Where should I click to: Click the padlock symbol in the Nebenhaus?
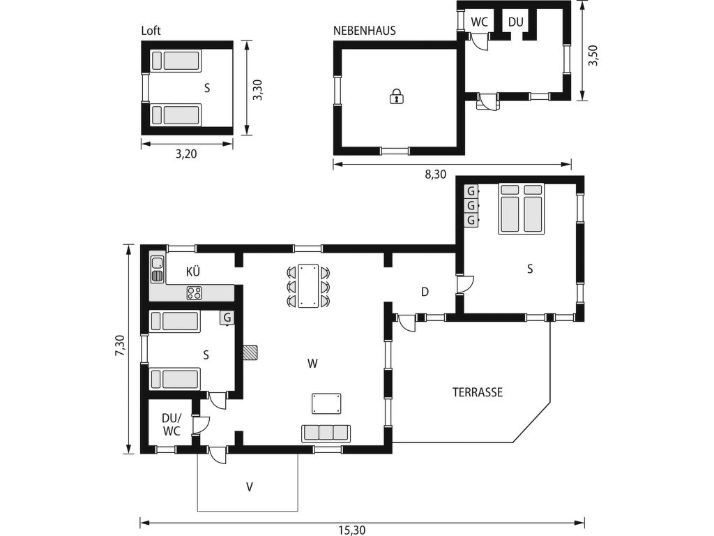click(x=397, y=96)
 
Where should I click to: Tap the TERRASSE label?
click(x=478, y=392)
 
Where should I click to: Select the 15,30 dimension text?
click(x=351, y=530)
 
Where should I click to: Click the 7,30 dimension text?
click(x=120, y=346)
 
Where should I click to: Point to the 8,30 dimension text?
click(x=436, y=174)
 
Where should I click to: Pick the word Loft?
click(x=151, y=31)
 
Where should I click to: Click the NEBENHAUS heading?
click(x=364, y=31)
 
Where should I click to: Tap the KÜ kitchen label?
click(x=193, y=271)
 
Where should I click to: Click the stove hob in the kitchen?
click(x=195, y=292)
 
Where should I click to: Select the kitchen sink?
click(x=158, y=269)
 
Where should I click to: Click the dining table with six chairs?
click(x=308, y=286)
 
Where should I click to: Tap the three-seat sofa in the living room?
click(x=326, y=433)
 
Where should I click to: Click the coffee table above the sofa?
click(x=326, y=404)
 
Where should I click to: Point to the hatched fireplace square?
click(x=250, y=352)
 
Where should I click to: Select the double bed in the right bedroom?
click(x=522, y=209)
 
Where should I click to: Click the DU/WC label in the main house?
click(x=172, y=424)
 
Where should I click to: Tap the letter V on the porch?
click(x=250, y=487)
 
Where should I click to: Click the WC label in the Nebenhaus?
click(x=479, y=22)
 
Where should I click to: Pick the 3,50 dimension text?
click(x=593, y=55)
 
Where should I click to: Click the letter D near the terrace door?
click(x=425, y=292)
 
